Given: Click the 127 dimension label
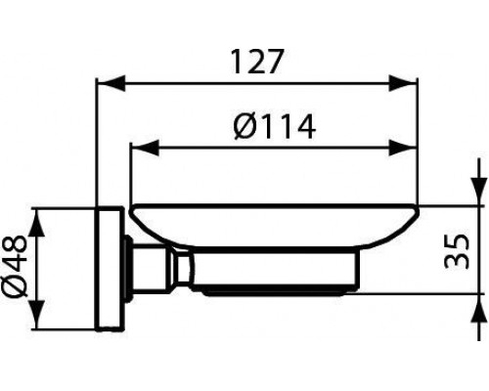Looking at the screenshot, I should coord(257,63).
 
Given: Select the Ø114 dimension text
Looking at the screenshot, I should coord(275,126).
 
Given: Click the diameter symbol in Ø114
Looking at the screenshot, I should coord(246,126).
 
